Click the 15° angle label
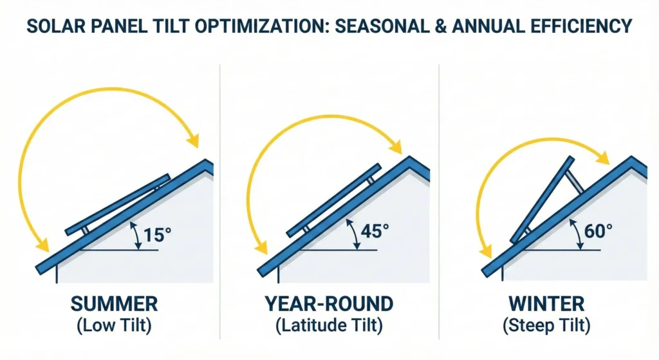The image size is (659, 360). point(156,234)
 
